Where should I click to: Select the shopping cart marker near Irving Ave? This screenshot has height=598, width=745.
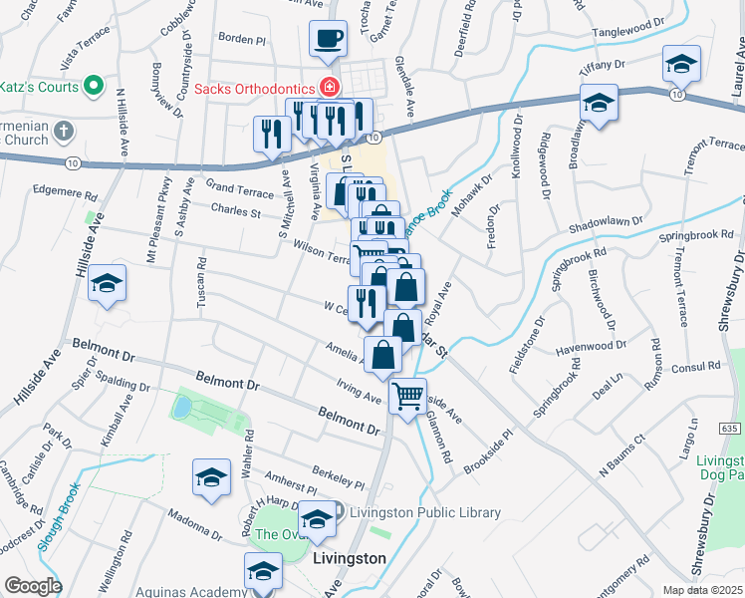point(407,397)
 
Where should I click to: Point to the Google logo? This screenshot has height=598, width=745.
point(33,586)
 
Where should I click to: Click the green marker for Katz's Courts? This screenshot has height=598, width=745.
point(96,86)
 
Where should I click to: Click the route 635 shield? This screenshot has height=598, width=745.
point(730,428)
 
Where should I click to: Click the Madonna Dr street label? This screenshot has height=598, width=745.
point(194,520)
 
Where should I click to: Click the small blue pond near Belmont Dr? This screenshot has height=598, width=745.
point(182,407)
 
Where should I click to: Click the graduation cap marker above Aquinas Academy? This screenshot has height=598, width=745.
point(263,572)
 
